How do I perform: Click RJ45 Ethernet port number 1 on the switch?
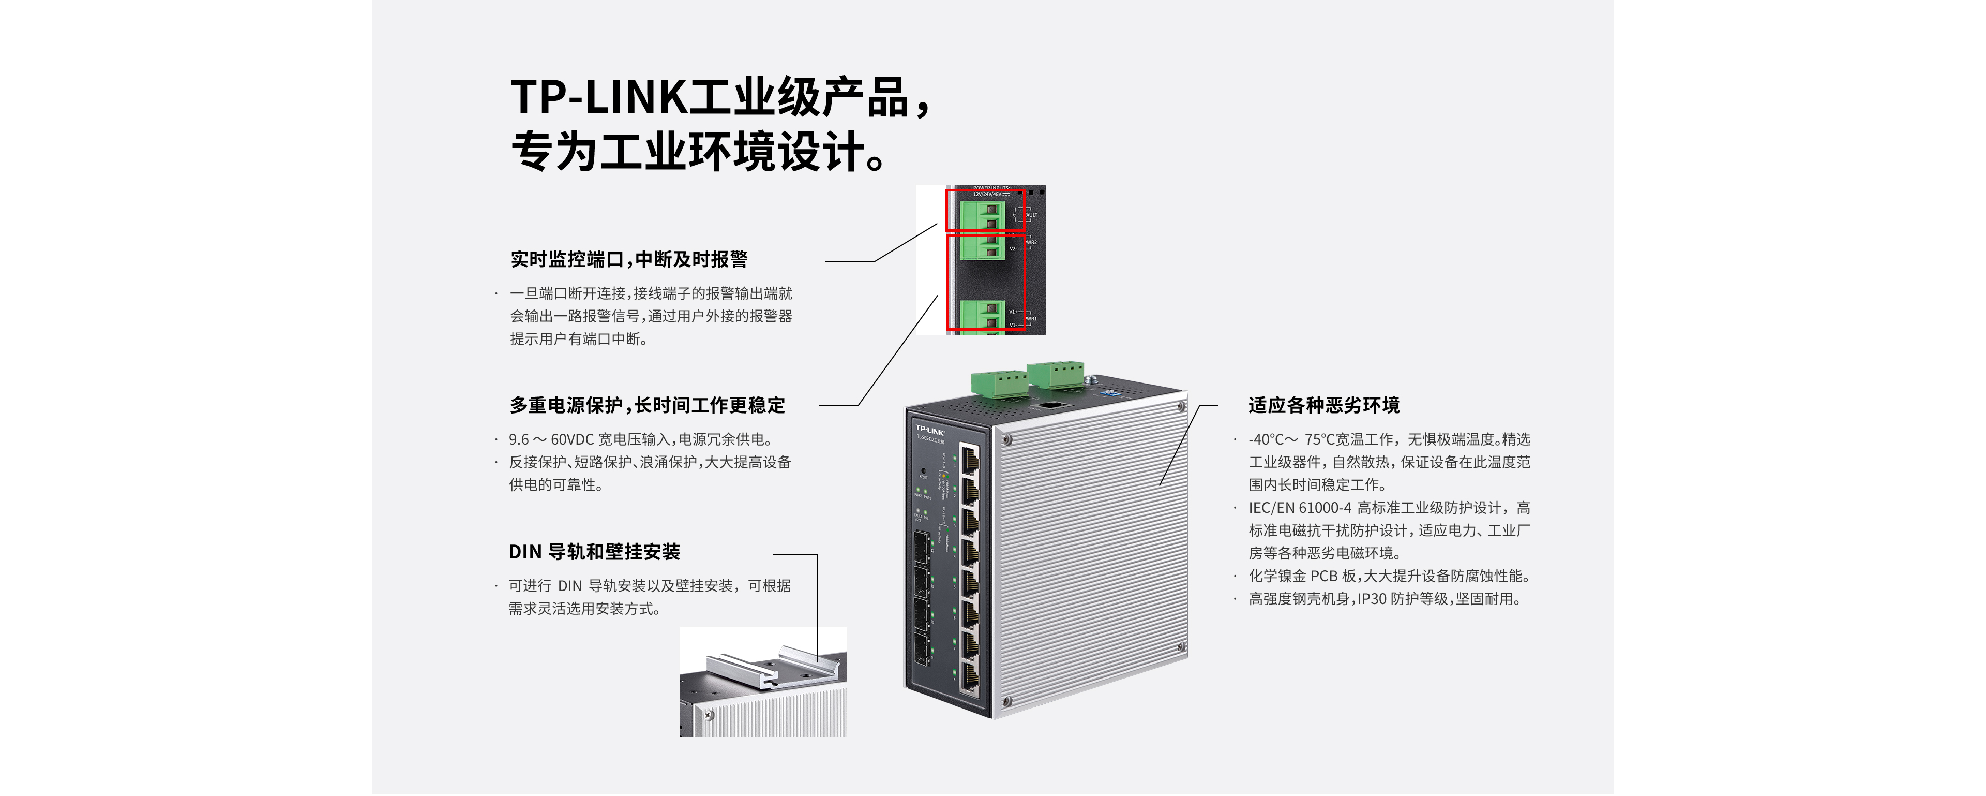point(970,461)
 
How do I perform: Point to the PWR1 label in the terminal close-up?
point(1031,318)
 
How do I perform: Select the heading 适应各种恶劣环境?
point(1324,406)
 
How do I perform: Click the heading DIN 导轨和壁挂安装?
point(594,552)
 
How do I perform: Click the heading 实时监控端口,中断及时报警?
point(629,260)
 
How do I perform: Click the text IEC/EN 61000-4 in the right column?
point(1300,508)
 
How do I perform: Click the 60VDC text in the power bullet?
point(572,439)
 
